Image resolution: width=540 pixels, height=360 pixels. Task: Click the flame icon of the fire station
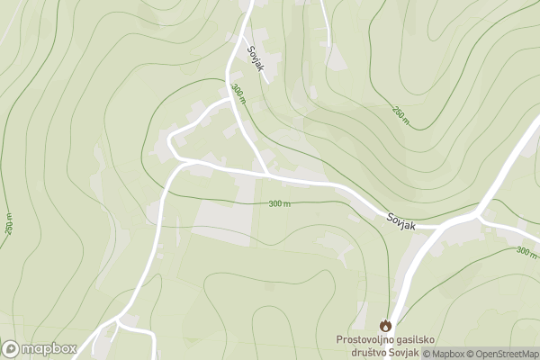coord(386,324)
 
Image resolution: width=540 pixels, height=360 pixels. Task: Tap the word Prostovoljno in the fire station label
coord(368,339)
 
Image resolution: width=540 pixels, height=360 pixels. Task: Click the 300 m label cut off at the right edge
coord(527,251)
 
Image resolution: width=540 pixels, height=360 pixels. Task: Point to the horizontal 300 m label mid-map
coord(280,204)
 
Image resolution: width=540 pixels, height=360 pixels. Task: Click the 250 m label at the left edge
coord(8,226)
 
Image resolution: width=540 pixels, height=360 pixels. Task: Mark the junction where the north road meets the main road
coord(266,172)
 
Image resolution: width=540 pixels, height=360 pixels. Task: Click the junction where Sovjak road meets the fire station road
coord(438,226)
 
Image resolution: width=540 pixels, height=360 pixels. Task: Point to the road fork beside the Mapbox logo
coord(116,321)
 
